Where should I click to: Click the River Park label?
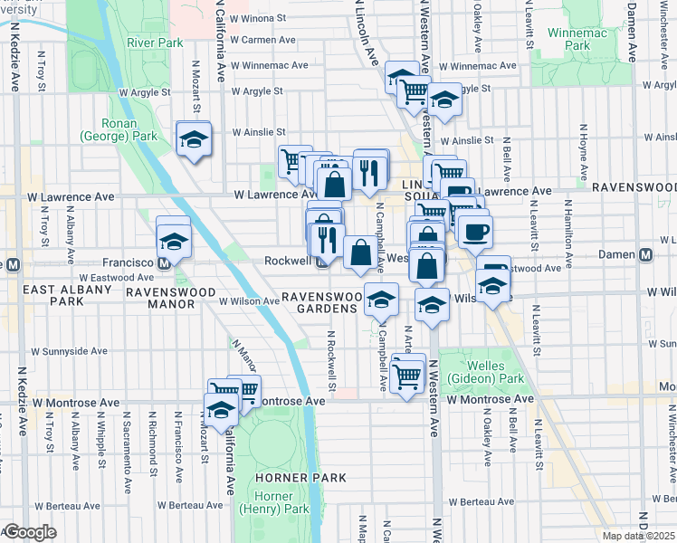tap(156, 42)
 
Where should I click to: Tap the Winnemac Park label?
tap(569, 38)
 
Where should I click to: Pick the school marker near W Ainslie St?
tap(194, 140)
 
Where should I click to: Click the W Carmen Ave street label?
tap(262, 40)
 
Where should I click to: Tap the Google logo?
tap(29, 532)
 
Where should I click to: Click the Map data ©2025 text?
tap(638, 536)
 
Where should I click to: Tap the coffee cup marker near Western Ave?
tap(474, 232)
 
